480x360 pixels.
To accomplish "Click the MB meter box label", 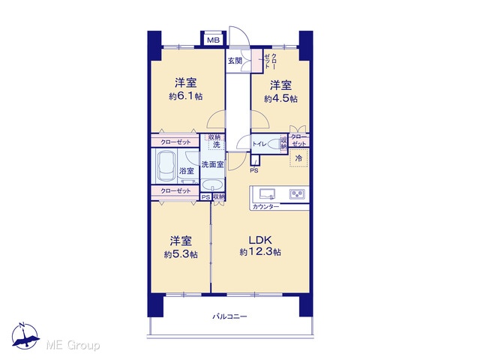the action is (x=213, y=40).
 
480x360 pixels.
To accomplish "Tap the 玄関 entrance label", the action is (x=235, y=61).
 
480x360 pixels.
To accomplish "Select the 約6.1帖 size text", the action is (x=185, y=97).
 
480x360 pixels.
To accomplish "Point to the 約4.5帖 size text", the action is (x=280, y=98).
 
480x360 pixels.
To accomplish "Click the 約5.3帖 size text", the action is (x=181, y=254).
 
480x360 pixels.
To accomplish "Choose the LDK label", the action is (x=260, y=240).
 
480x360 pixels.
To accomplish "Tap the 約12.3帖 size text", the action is (x=260, y=252).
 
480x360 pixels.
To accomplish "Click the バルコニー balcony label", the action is (x=230, y=316).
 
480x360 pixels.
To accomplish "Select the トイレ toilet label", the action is (x=259, y=143).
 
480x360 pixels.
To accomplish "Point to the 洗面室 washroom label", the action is (x=212, y=164).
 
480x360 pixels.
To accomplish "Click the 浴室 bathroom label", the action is (x=187, y=171).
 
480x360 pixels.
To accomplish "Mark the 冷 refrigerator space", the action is (x=298, y=158).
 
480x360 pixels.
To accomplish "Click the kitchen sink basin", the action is (x=267, y=194).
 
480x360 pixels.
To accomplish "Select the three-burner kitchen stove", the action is (x=297, y=193).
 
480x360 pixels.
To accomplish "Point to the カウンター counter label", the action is (x=265, y=207).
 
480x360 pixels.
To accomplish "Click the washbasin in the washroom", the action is (x=212, y=185).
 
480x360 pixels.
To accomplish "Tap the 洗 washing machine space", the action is (x=217, y=145).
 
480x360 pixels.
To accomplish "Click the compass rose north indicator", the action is (x=25, y=336).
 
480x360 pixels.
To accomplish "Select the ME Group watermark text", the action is (x=73, y=345).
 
